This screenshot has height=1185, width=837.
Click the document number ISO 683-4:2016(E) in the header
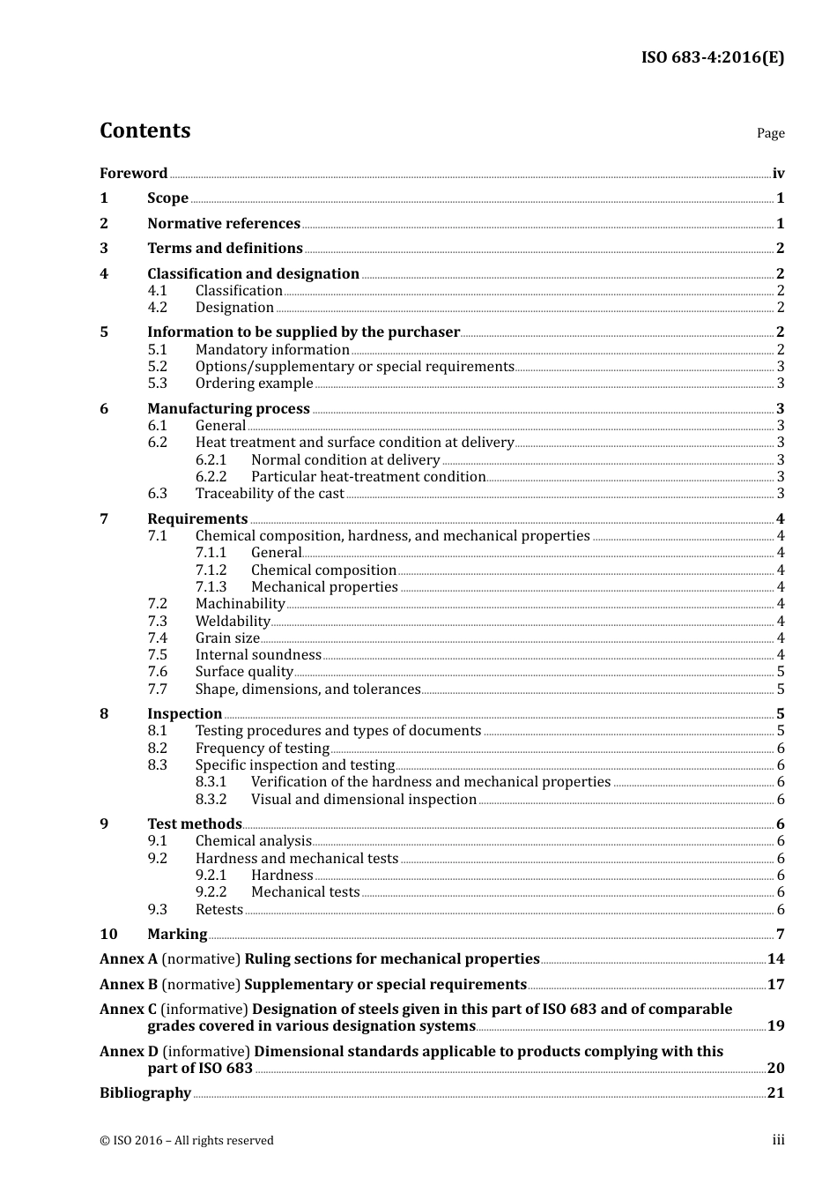712,58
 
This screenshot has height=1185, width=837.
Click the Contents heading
144,130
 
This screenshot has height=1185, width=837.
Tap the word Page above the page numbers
770,133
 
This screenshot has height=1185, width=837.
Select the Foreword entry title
133,174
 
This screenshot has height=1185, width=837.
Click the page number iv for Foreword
778,174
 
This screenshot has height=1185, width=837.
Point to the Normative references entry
224,224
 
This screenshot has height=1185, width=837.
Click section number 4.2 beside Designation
157,308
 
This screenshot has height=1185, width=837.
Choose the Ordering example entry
254,384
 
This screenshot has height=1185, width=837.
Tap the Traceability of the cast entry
270,494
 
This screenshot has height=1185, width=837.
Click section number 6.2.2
211,477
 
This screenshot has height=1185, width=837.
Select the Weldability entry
233,622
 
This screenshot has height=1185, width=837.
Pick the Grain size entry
227,638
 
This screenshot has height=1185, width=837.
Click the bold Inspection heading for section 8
184,714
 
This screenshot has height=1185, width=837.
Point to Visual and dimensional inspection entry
363,800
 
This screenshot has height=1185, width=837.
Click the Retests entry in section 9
219,910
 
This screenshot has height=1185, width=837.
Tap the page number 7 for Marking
780,935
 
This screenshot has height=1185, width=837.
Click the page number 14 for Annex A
775,959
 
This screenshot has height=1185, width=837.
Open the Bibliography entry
145,1093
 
